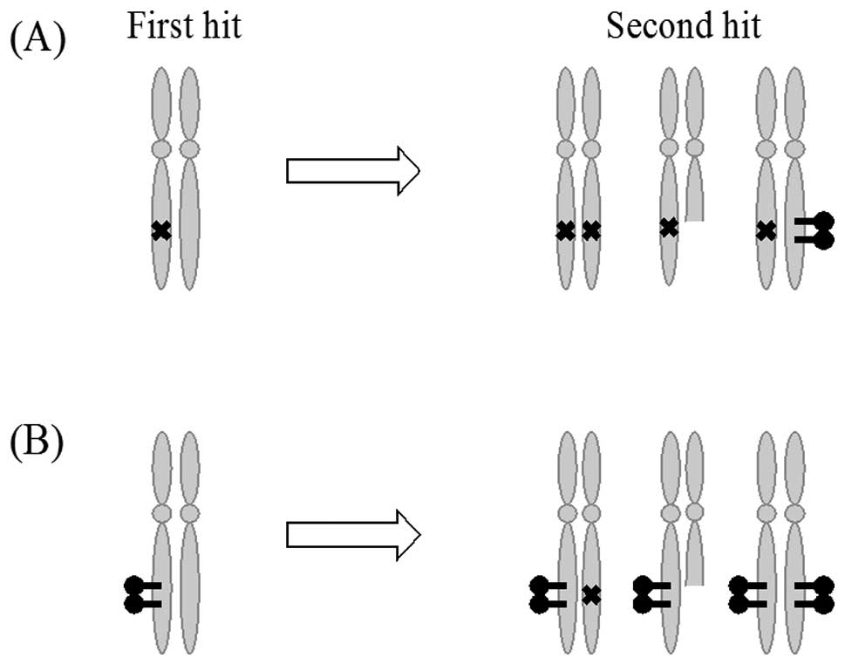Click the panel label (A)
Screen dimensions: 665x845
(x=37, y=40)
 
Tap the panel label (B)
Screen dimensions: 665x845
(x=37, y=445)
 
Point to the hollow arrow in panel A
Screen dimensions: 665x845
(x=352, y=170)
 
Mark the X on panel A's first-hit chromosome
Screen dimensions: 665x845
(x=160, y=230)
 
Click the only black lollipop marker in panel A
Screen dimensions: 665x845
(x=813, y=231)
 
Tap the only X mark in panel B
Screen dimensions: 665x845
(x=591, y=595)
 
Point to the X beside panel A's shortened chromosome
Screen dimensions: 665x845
(x=669, y=228)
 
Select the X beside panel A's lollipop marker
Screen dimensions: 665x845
(x=766, y=231)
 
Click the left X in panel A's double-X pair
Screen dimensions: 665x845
(x=565, y=231)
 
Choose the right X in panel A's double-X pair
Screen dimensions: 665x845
(x=591, y=231)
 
